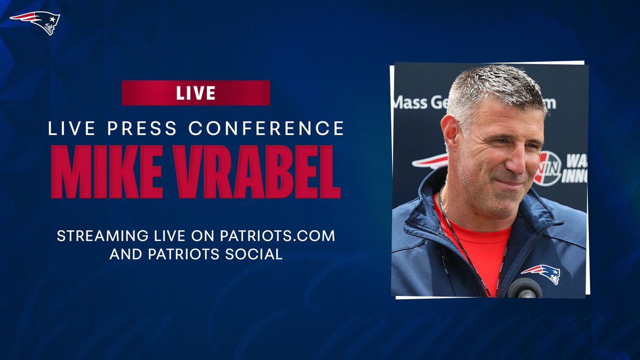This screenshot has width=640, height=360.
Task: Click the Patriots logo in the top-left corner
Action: click(x=36, y=22)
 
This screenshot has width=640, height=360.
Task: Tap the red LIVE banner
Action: click(x=196, y=93)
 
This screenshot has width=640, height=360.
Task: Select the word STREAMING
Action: click(x=99, y=236)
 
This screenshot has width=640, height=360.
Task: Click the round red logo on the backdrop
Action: click(x=548, y=168)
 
